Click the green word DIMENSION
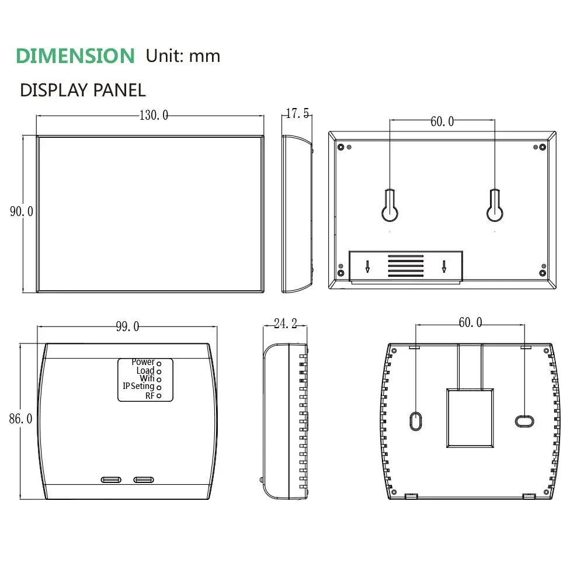75,55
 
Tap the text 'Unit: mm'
183,55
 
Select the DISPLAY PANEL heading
82,90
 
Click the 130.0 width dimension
154,115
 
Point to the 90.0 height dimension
22,211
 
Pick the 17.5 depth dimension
298,114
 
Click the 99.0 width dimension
127,326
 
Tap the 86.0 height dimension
20,419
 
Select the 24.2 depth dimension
286,324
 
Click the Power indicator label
143,362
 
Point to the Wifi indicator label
147,378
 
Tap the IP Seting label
138,387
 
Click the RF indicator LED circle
159,396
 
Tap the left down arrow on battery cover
367,266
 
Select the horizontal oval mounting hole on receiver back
523,420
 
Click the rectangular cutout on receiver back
470,418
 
